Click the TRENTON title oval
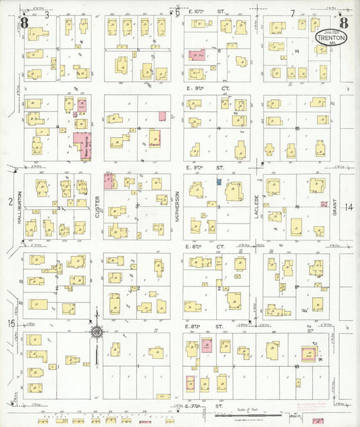(x=332, y=36)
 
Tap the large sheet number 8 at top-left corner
(x=25, y=23)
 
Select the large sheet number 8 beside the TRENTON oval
(x=344, y=22)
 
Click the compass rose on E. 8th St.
(x=97, y=332)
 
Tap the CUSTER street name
(x=98, y=207)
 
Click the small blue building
(x=218, y=182)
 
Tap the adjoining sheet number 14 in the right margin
(x=349, y=207)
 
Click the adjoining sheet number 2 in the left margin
(x=10, y=201)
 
